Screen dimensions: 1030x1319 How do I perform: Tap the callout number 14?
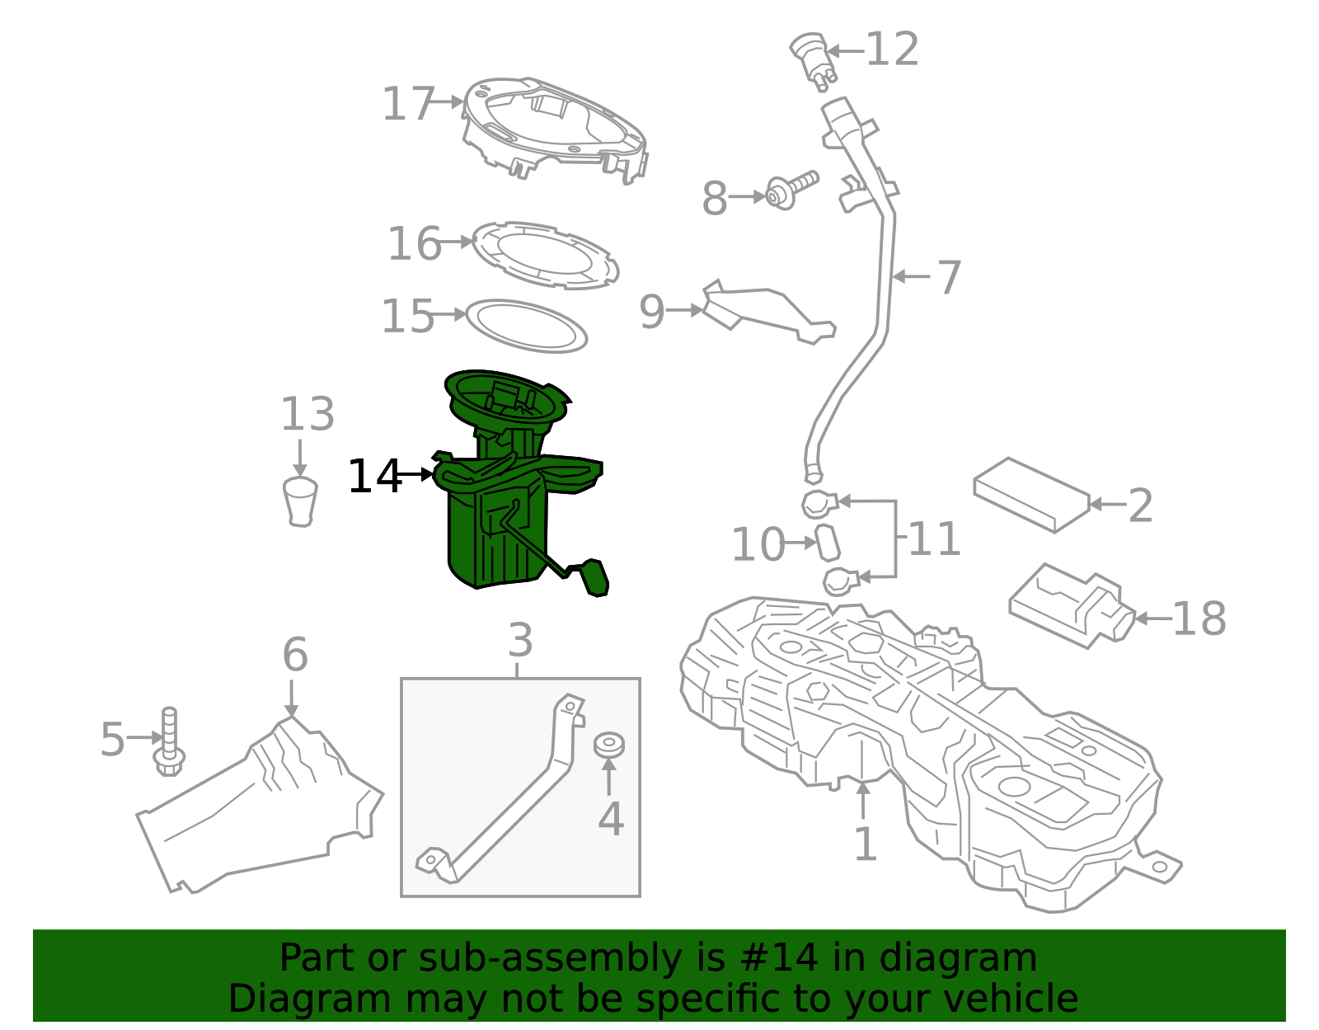point(374,477)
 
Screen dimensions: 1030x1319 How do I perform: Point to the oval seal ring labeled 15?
point(526,326)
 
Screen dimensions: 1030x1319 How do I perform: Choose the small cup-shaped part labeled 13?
point(300,500)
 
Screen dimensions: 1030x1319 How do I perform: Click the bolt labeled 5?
point(170,741)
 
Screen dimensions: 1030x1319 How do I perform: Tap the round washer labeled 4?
point(609,743)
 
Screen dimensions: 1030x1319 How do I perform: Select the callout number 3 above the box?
point(520,640)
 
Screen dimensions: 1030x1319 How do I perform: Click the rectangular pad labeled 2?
point(1031,494)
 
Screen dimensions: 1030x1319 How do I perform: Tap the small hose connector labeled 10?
point(827,543)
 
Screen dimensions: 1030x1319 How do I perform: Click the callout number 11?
point(934,539)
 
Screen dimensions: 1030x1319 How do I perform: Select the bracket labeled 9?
point(767,313)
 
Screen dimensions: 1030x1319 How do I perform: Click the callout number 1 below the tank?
point(864,844)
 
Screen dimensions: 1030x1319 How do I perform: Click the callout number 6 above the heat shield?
point(294,656)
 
